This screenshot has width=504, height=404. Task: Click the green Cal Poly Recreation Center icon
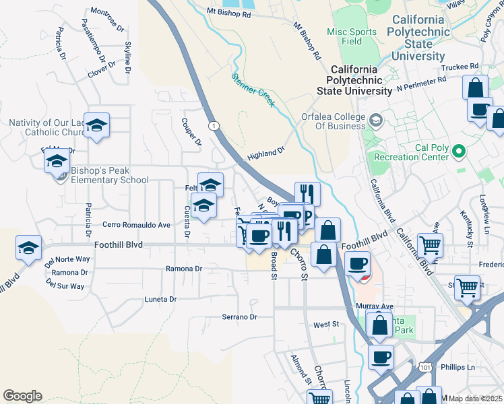click(460, 151)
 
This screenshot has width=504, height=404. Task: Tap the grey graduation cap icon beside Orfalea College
click(376, 121)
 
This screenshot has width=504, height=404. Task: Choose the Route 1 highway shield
click(213, 126)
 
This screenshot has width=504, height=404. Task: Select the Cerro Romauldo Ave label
click(136, 225)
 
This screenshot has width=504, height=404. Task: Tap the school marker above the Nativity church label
click(97, 125)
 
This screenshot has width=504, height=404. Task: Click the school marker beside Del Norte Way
click(28, 248)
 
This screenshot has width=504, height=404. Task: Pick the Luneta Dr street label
click(160, 299)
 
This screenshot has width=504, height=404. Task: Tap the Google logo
click(22, 396)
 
